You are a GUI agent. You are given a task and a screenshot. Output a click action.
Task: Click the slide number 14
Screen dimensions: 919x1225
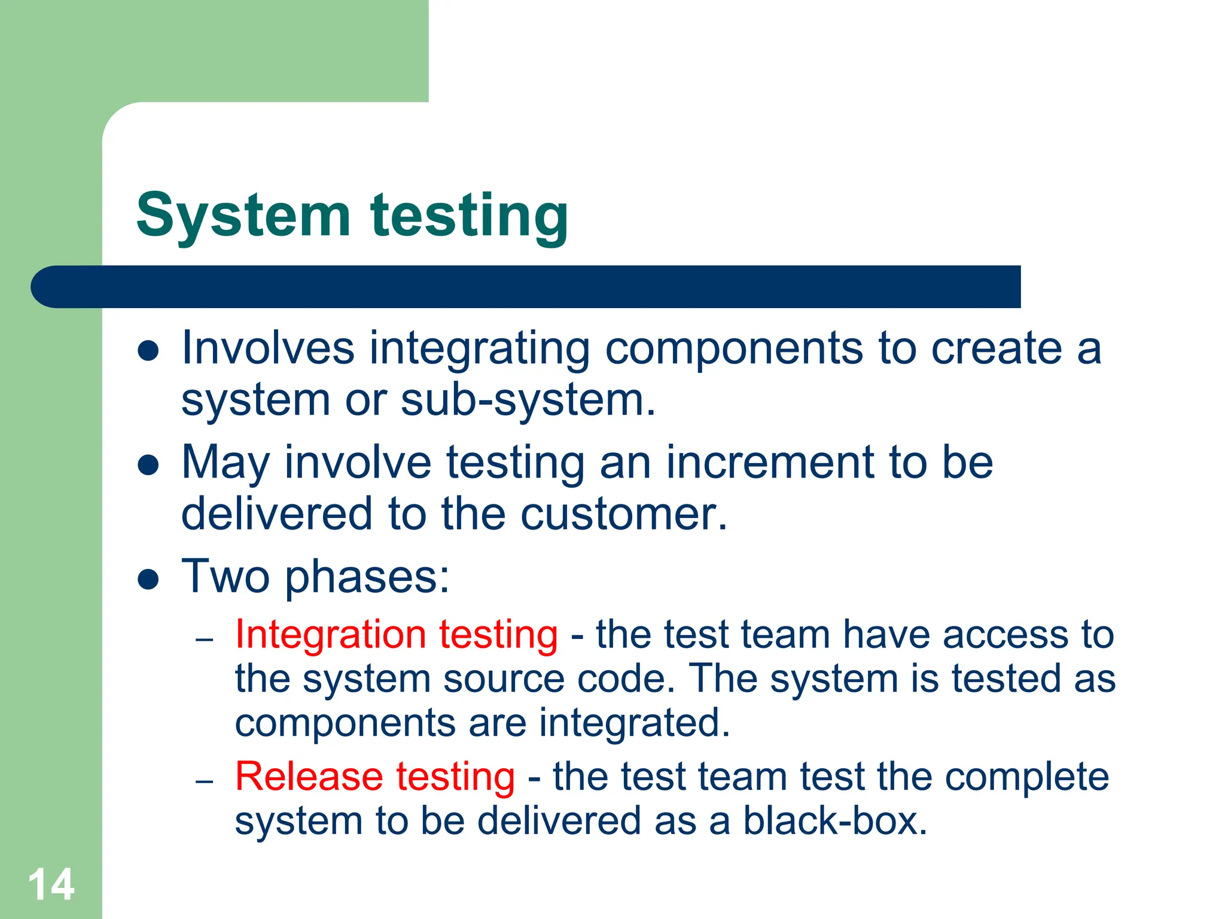click(51, 884)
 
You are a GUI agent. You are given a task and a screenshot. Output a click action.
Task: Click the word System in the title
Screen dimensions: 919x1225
click(243, 215)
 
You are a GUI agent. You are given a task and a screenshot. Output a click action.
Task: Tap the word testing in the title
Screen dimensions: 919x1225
click(469, 217)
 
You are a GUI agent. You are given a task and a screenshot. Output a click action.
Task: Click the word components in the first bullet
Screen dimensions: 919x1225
click(734, 349)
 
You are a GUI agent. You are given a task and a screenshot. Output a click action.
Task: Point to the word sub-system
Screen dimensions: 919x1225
click(528, 400)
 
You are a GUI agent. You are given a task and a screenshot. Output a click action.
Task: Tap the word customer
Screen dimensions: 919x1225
click(624, 515)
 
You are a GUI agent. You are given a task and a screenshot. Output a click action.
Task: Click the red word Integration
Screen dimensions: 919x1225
click(330, 634)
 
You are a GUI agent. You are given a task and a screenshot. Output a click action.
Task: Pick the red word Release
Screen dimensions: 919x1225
click(309, 777)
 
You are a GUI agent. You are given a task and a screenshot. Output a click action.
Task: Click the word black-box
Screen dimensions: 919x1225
click(835, 821)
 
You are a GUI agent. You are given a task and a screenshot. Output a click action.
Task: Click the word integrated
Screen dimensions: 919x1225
click(635, 723)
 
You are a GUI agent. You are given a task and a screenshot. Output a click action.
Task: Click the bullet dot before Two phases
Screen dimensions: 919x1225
click(148, 579)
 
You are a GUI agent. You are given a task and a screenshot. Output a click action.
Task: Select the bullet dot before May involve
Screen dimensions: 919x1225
click(148, 465)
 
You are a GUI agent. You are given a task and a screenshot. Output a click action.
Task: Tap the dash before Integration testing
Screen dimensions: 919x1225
click(205, 640)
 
